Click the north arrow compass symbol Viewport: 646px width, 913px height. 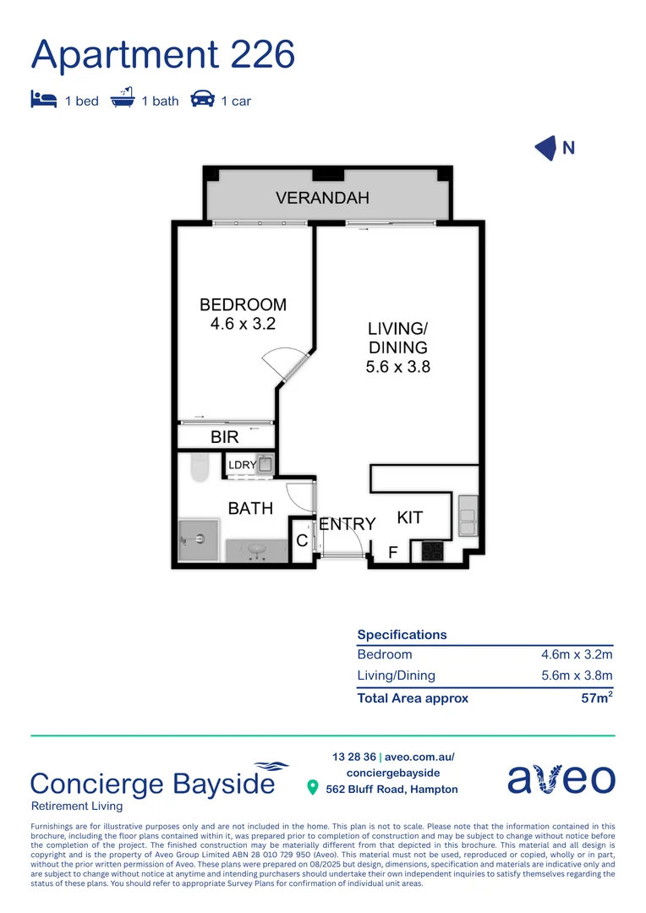(x=546, y=148)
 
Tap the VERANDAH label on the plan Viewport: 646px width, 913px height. (x=323, y=198)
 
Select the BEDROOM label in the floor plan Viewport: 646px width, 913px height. (x=243, y=305)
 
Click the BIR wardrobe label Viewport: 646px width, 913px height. (x=225, y=437)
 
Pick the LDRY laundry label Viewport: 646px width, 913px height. (x=242, y=464)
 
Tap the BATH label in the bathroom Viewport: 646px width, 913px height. (x=250, y=508)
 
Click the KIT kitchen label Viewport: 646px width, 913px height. (x=410, y=517)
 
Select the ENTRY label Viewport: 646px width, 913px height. (x=347, y=524)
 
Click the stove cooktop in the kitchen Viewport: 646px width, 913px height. (x=433, y=551)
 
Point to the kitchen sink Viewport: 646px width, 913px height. (x=468, y=517)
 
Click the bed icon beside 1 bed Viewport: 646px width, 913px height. (x=43, y=100)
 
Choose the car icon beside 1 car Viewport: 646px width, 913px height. (x=202, y=100)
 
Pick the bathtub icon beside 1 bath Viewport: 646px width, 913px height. (x=123, y=99)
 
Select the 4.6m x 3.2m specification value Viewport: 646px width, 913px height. (x=577, y=654)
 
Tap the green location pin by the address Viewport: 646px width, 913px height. (x=312, y=788)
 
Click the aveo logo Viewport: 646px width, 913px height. (x=561, y=779)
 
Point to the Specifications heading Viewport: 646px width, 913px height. (x=402, y=635)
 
